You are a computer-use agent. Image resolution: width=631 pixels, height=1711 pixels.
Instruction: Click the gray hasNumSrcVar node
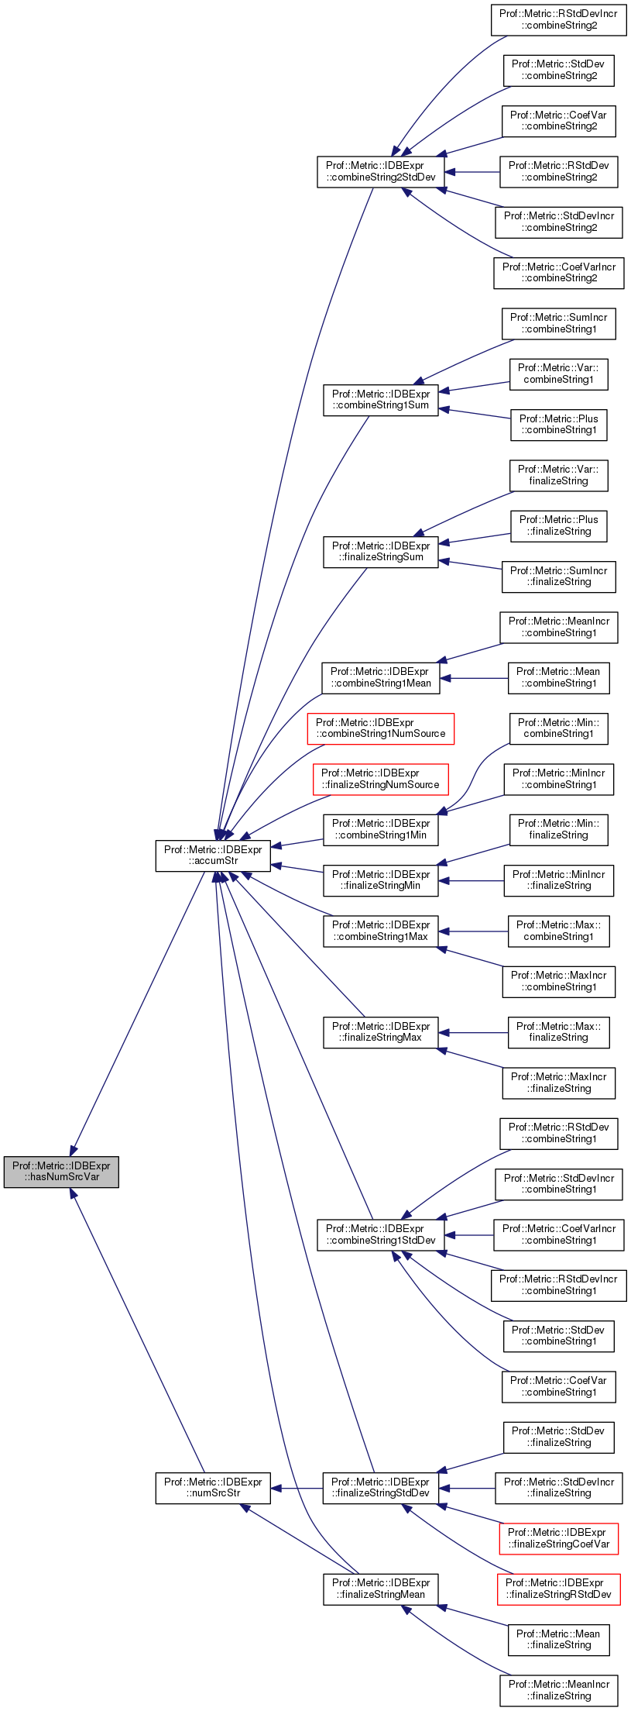click(61, 1171)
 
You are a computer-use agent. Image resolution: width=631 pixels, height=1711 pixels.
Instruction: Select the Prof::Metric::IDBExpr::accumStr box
click(214, 855)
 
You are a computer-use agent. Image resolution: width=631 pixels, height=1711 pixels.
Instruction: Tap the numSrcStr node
click(214, 1487)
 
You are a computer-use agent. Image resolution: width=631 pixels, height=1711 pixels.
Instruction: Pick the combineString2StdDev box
click(381, 171)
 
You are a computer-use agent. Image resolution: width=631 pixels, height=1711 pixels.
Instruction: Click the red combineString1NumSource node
click(381, 728)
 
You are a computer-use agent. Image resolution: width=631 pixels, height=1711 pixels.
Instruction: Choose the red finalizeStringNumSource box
click(381, 779)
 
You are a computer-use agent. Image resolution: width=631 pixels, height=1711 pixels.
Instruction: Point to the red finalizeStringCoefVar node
click(559, 1538)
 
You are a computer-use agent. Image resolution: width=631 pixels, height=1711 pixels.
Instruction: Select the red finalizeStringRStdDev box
click(559, 1589)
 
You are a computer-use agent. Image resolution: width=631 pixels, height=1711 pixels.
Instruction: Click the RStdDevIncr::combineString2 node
click(559, 19)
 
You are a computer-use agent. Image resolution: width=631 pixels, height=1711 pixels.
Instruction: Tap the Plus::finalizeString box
click(559, 525)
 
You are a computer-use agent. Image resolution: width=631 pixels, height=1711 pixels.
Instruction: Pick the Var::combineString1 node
click(559, 374)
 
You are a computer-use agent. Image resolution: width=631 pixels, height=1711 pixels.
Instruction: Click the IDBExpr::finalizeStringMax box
click(381, 1031)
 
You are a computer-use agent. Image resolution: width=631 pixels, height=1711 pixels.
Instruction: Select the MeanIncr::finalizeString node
click(559, 1690)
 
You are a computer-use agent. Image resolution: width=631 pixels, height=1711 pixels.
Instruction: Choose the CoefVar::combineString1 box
click(559, 1386)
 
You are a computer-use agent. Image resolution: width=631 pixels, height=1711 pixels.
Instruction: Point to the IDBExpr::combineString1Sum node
click(381, 399)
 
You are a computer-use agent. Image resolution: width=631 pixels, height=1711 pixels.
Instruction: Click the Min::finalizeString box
click(559, 829)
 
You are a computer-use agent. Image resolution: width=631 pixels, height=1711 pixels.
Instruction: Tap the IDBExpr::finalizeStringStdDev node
click(381, 1487)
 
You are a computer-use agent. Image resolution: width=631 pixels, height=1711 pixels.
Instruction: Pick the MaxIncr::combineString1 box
click(559, 981)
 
